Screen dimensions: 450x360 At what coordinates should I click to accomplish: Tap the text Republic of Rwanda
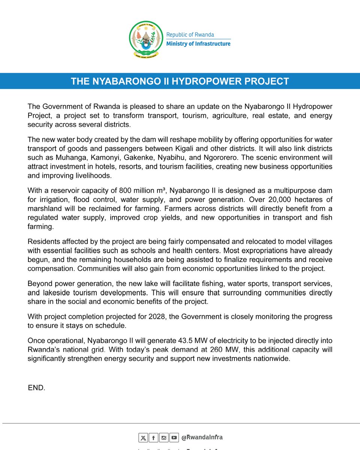[x=190, y=34]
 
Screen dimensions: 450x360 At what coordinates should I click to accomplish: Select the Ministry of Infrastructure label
[x=198, y=44]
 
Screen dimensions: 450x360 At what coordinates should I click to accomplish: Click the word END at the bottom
[x=36, y=388]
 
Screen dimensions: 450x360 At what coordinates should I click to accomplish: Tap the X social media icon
[x=143, y=438]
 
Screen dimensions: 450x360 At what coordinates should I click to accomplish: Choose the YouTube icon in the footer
[x=174, y=438]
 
